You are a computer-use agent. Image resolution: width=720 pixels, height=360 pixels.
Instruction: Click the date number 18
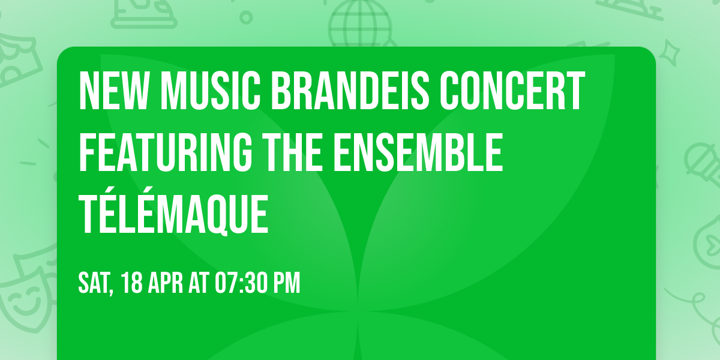133,283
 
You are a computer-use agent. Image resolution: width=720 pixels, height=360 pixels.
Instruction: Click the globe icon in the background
359,22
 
